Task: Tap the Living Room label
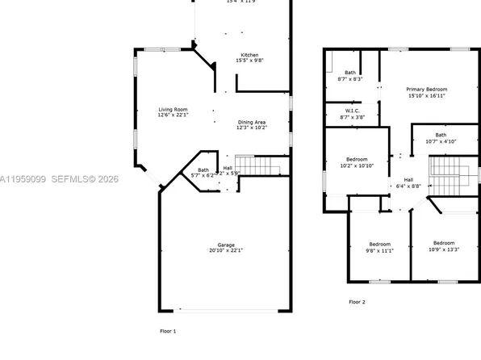(173, 110)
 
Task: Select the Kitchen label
(249, 55)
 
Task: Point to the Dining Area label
(252, 122)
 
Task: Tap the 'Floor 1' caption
(168, 332)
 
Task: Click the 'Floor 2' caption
(357, 302)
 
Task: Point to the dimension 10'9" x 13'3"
(443, 250)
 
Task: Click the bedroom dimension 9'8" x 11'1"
(380, 251)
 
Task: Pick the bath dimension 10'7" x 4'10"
(440, 141)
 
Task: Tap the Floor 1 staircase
(260, 166)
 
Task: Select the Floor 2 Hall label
(408, 179)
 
